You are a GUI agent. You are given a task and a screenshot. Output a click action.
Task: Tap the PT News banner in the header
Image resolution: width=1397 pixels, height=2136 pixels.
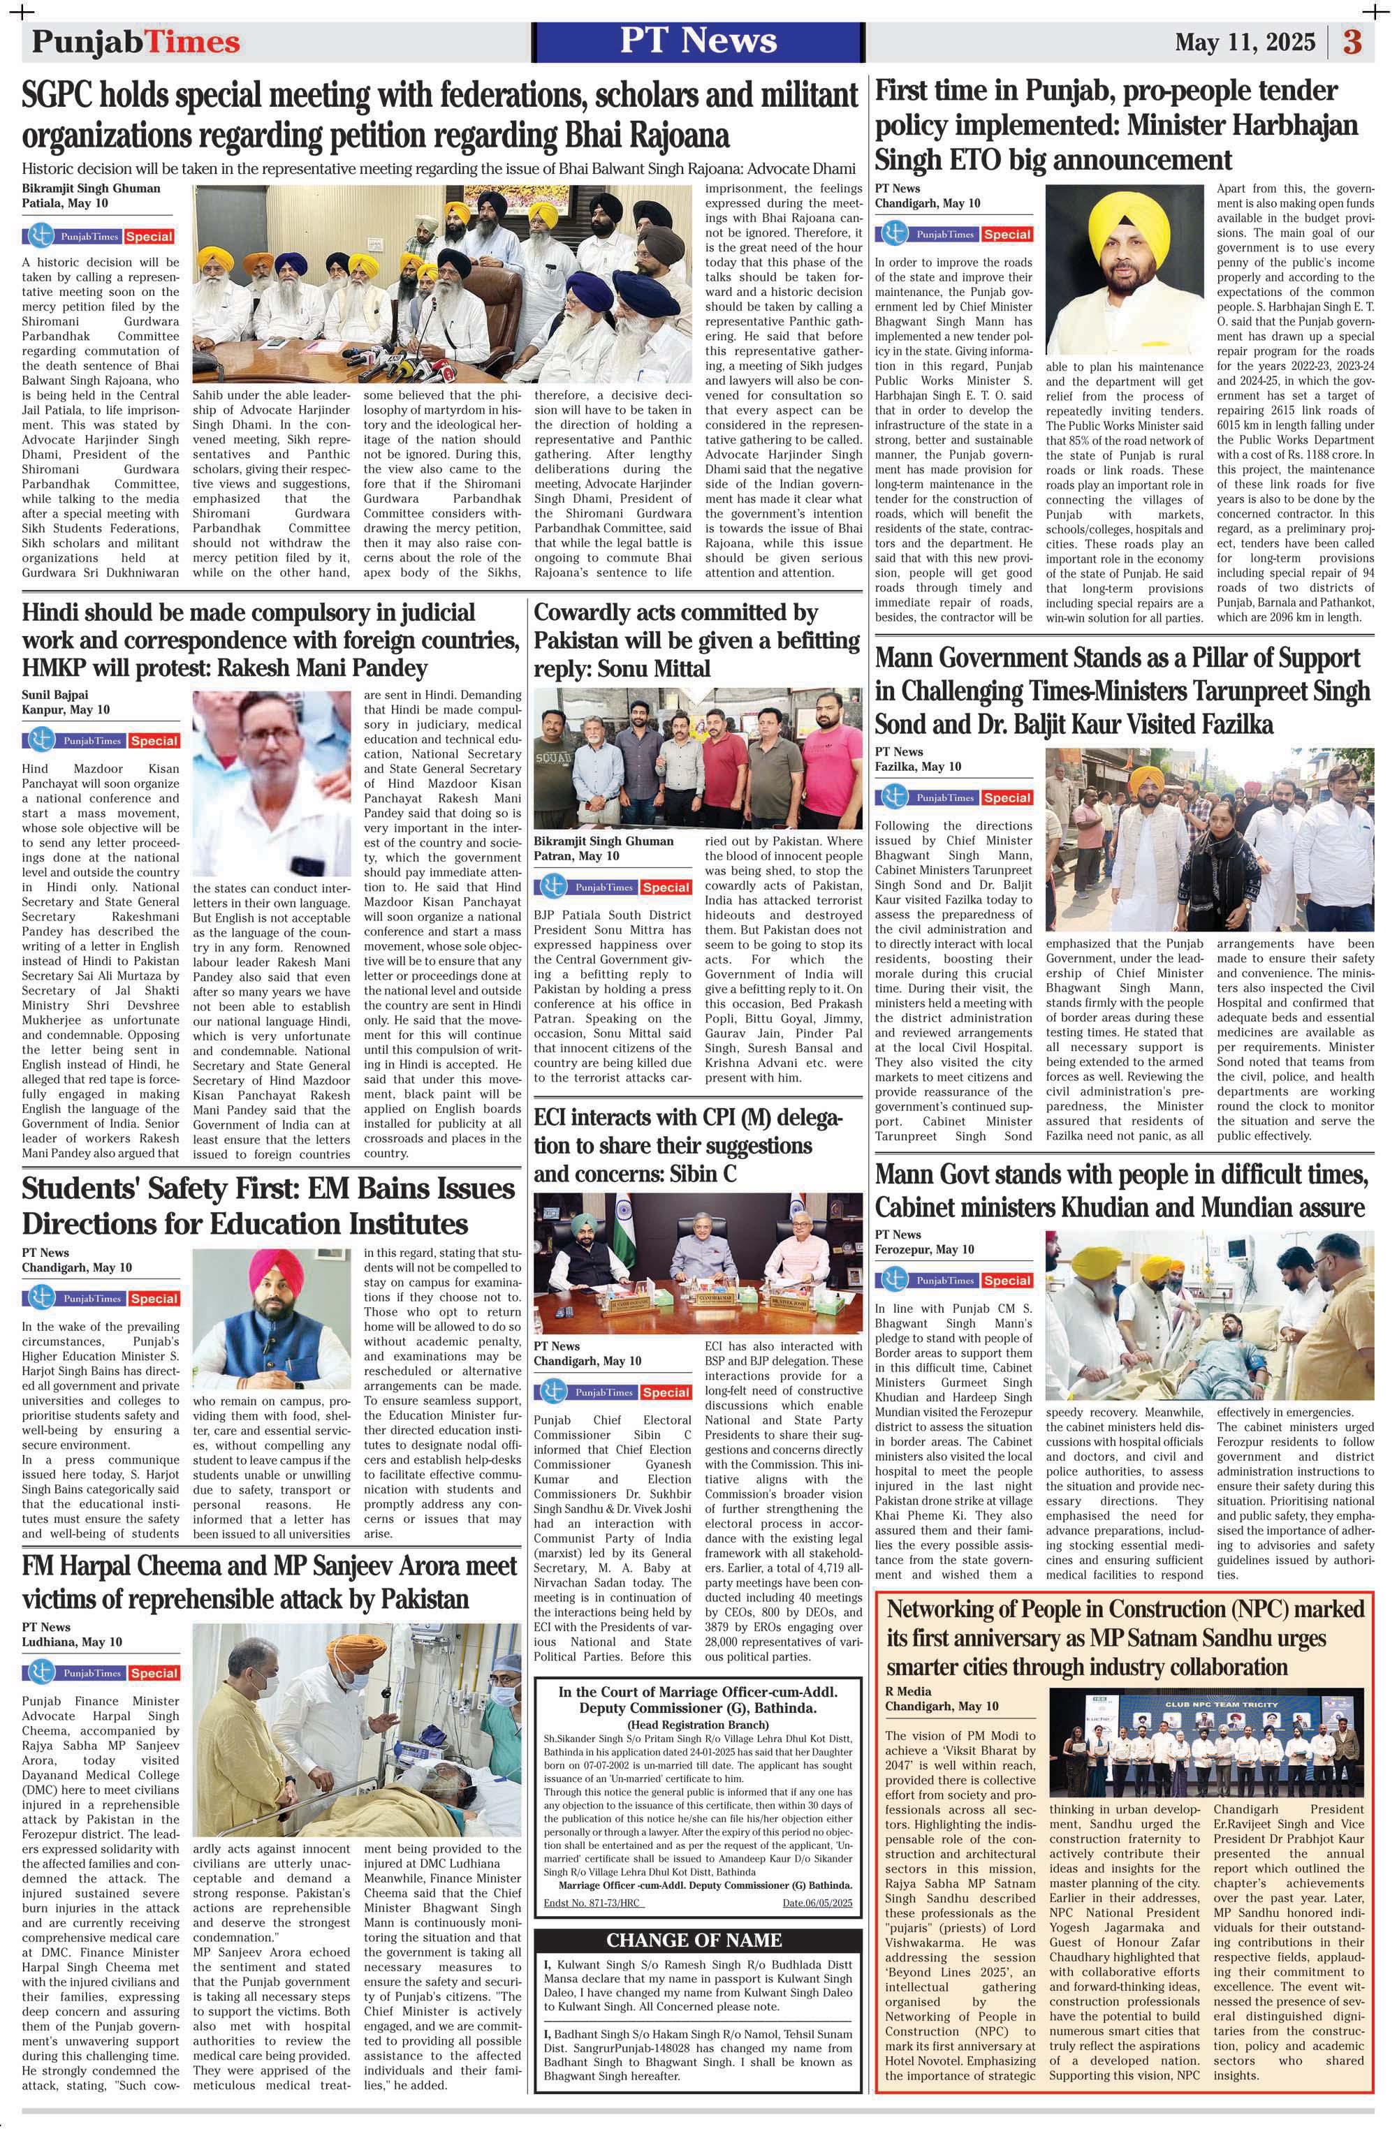point(698,41)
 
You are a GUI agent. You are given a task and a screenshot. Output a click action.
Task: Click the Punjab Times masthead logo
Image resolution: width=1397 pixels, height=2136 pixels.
point(136,41)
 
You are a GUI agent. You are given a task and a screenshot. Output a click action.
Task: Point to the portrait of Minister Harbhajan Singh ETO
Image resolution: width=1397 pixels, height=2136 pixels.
point(1124,270)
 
